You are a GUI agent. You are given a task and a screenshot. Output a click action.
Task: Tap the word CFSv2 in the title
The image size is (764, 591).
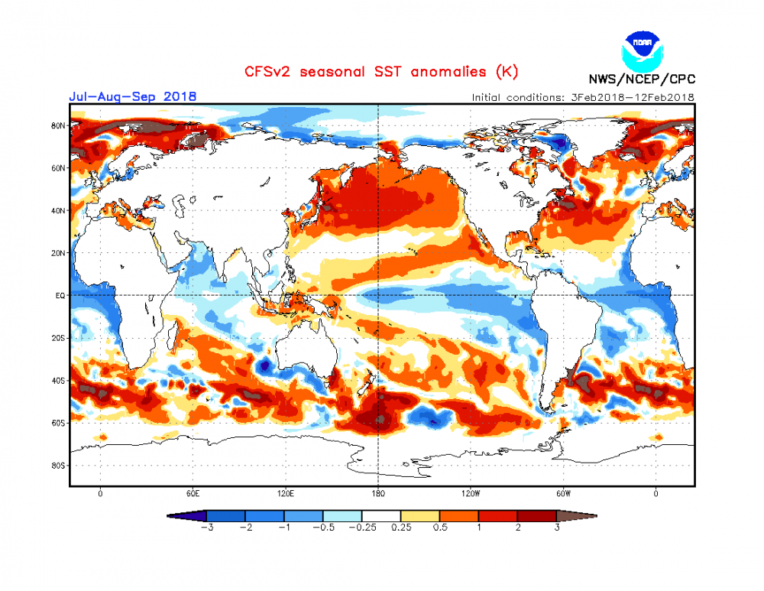point(268,72)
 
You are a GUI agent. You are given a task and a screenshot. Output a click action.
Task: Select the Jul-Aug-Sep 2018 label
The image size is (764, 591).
point(132,96)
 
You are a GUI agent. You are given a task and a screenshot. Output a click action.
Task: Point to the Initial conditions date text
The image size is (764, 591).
point(582,97)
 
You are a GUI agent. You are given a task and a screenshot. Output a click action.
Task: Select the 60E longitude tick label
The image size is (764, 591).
point(193,493)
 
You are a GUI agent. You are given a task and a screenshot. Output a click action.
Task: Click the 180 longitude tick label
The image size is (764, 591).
point(379,493)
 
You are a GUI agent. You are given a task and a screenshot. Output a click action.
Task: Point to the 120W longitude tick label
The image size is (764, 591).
point(471,493)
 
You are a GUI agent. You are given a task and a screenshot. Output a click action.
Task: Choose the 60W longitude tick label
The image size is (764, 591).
point(564,493)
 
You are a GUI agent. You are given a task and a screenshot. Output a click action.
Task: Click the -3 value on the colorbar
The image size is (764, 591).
point(206,528)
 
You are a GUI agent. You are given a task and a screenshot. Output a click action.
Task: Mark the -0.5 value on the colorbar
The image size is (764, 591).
point(323,528)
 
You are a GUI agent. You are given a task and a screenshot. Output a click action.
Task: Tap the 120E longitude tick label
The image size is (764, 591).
point(286,493)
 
